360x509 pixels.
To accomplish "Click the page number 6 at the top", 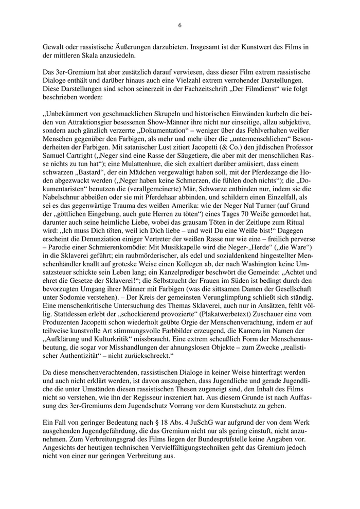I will [179, 25].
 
